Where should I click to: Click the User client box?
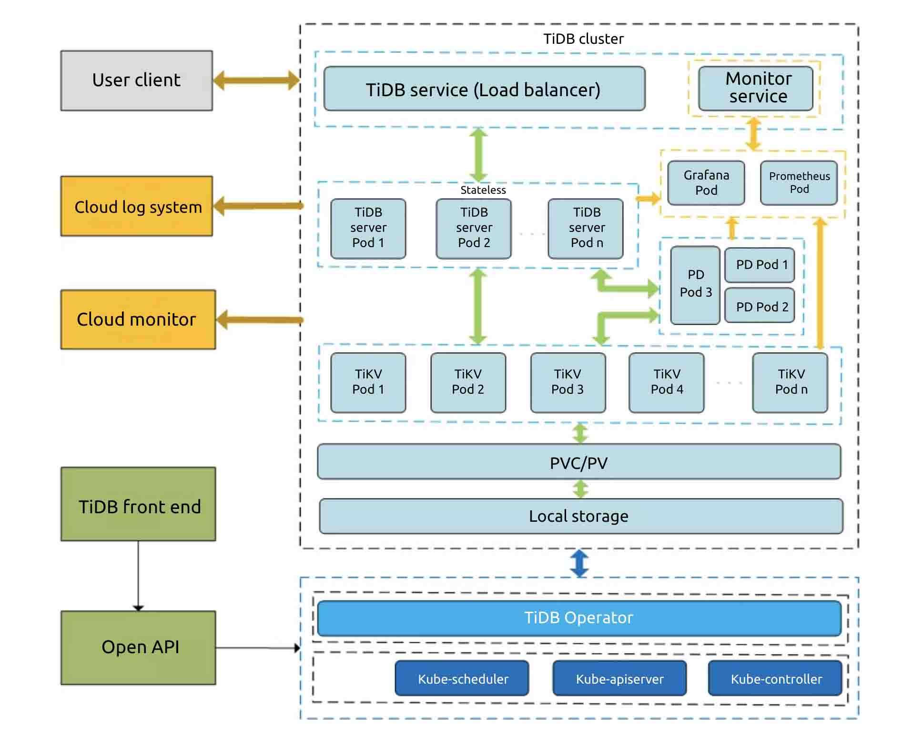(x=136, y=80)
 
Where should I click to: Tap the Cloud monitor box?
(x=138, y=319)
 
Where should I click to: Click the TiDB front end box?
(x=138, y=504)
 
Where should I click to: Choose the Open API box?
(x=138, y=647)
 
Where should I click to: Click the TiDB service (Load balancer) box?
(x=484, y=89)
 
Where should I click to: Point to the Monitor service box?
(x=755, y=88)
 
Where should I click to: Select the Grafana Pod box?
(x=706, y=183)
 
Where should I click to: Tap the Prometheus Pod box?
(x=799, y=183)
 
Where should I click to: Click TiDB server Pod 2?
(x=473, y=229)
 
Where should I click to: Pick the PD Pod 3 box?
(x=695, y=285)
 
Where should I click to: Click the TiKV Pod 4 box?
(x=666, y=382)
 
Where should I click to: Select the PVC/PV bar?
(x=578, y=461)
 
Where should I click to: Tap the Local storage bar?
(x=580, y=516)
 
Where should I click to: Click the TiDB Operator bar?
(x=578, y=618)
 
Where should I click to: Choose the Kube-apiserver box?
(x=619, y=678)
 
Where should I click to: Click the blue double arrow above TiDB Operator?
(x=579, y=563)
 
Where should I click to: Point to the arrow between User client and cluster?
(x=256, y=80)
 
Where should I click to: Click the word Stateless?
(x=483, y=190)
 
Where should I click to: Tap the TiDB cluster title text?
(x=583, y=39)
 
